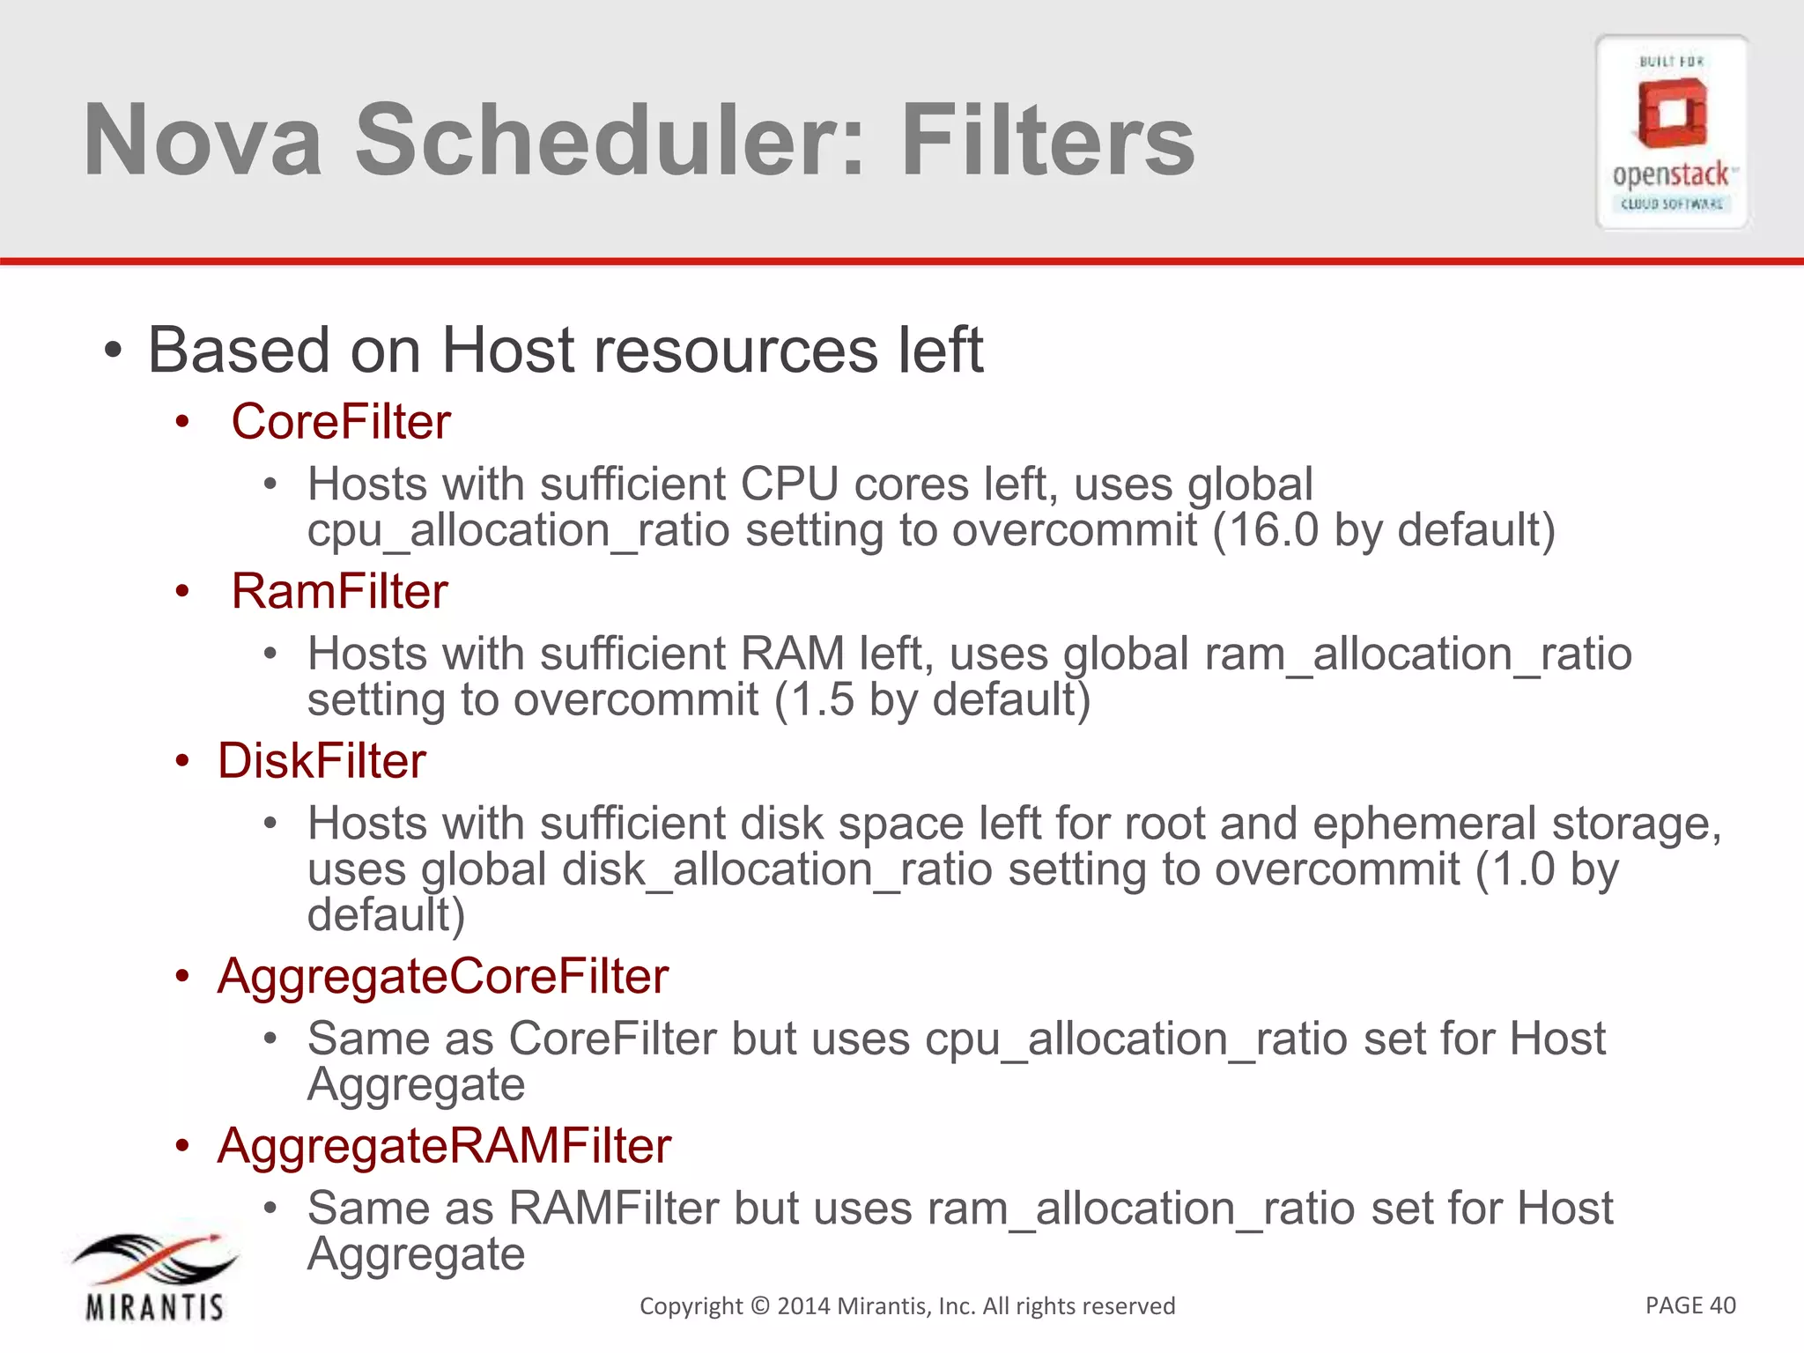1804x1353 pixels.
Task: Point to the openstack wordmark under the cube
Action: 1671,174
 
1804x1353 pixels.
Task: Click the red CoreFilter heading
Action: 340,421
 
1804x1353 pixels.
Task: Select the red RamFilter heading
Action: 339,591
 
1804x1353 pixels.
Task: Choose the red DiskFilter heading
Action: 322,761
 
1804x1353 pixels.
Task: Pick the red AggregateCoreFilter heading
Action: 443,976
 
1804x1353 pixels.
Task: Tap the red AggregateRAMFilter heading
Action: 444,1146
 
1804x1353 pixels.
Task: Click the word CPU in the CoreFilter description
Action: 790,484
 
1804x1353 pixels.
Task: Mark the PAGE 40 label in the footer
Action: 1689,1305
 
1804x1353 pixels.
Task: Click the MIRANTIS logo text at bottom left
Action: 155,1307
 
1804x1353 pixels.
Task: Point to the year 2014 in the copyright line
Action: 803,1306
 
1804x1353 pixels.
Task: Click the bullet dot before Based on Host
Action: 112,351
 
